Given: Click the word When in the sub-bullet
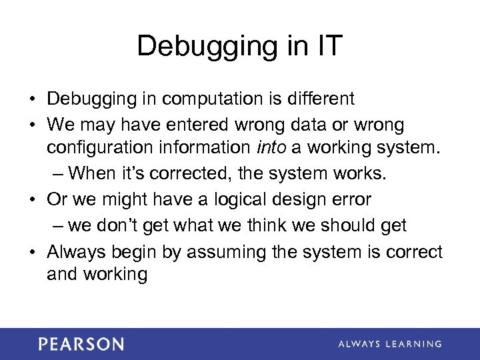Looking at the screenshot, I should (95, 175).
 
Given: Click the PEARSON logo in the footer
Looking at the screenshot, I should (81, 344).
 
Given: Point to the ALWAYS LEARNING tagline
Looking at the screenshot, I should (390, 344).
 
